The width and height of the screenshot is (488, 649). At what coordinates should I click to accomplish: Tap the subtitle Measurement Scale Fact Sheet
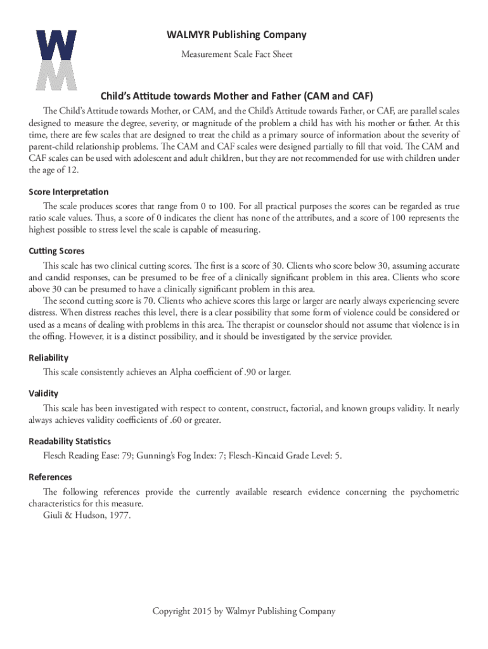coord(236,55)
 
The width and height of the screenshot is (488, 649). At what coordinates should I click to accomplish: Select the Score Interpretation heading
coord(68,191)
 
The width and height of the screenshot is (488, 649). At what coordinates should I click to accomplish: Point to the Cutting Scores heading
coord(56,251)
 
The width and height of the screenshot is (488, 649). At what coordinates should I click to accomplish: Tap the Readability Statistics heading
coord(70,441)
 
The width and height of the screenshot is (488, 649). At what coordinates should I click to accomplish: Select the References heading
coord(51,477)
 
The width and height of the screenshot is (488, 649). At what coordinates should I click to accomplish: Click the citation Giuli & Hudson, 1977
coord(87,515)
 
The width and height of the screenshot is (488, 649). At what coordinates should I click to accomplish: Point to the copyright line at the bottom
coord(243,611)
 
